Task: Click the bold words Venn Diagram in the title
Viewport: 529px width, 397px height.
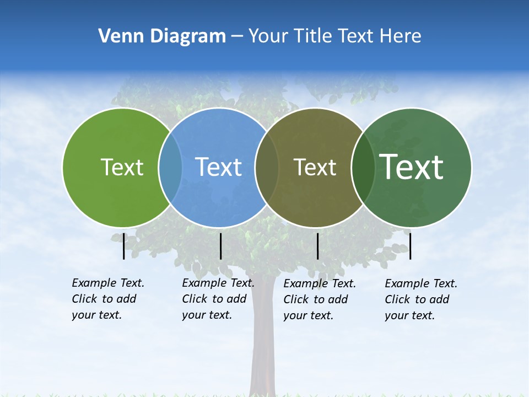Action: point(162,36)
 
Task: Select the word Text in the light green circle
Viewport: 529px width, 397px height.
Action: point(122,167)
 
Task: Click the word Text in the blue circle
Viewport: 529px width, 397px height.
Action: point(219,167)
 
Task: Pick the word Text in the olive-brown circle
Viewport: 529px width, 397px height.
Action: point(315,168)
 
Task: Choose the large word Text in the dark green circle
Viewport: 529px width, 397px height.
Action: point(412,167)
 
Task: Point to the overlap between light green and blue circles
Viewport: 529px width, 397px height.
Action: point(170,168)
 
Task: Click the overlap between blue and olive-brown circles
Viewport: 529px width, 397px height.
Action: point(267,168)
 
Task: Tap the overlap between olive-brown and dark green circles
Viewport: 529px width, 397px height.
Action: point(363,168)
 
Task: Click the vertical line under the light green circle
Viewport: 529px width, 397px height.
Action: point(123,246)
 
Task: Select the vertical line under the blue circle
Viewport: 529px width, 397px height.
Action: point(220,246)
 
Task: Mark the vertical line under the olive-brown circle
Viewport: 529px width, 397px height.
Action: point(317,246)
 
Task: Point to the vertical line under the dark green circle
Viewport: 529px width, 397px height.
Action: point(410,246)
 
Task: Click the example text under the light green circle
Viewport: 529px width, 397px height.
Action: point(107,299)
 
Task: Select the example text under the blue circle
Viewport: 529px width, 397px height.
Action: point(218,299)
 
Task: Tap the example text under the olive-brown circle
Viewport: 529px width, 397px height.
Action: point(319,299)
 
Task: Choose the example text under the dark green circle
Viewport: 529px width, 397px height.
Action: point(420,299)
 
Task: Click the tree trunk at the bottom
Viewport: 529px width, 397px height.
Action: point(263,353)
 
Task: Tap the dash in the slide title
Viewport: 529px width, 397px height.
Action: point(237,36)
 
